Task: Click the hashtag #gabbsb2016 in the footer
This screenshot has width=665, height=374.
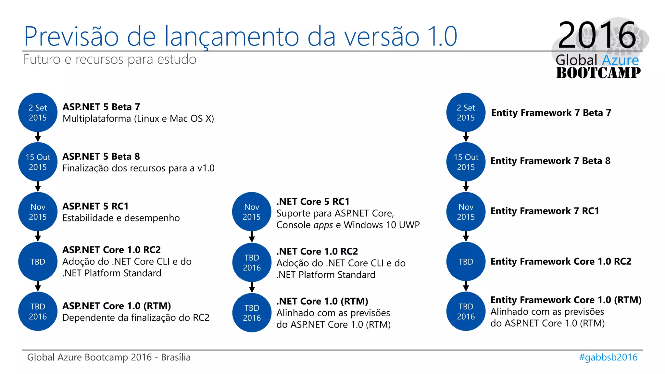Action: (x=608, y=357)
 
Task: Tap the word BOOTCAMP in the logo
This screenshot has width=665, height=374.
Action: (x=598, y=73)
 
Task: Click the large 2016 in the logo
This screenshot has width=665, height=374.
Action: (x=597, y=35)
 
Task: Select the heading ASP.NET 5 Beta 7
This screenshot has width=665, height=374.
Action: (x=101, y=107)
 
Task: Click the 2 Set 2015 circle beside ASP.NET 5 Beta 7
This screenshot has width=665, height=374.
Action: (x=38, y=113)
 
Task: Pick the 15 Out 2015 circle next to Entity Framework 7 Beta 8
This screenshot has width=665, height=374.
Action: (x=466, y=162)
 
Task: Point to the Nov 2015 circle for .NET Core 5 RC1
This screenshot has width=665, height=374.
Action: (x=252, y=212)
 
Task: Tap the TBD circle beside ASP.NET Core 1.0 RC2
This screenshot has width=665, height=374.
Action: (x=38, y=262)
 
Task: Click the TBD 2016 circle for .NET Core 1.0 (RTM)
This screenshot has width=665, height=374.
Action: (x=252, y=313)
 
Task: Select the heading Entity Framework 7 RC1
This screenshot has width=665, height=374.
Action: (x=545, y=211)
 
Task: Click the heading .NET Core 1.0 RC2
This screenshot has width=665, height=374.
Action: (x=317, y=251)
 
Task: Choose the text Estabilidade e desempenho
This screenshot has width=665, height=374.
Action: (x=121, y=218)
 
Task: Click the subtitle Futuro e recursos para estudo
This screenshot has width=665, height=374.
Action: (x=110, y=59)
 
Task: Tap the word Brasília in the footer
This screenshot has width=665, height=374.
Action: (x=176, y=357)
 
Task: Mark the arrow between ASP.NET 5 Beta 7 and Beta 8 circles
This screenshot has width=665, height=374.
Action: (x=38, y=137)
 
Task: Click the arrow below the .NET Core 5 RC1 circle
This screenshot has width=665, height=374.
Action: (x=252, y=237)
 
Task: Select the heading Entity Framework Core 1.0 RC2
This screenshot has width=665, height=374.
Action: (x=561, y=261)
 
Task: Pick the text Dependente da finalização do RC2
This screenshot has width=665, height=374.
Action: (x=136, y=318)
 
